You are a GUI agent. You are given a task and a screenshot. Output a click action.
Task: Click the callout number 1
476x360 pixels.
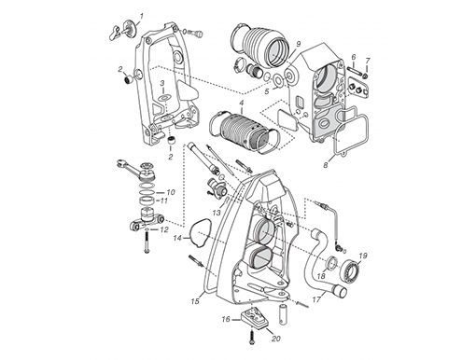click(142, 16)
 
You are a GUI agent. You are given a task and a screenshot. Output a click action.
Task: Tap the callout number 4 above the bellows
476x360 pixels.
click(242, 103)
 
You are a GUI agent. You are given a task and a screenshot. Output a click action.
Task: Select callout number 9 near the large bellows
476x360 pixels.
click(298, 44)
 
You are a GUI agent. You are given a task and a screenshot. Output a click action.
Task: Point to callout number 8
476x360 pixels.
click(326, 165)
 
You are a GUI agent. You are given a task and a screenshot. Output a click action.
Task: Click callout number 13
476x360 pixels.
click(217, 213)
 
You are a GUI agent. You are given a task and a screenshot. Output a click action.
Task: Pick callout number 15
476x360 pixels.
click(195, 301)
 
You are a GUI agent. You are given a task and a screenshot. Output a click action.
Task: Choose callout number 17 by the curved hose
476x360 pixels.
click(316, 299)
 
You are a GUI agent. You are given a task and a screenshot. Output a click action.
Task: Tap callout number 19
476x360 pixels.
click(363, 256)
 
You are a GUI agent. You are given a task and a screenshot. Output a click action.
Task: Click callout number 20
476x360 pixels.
click(275, 339)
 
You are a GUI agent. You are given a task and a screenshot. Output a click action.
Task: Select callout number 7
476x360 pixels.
click(368, 61)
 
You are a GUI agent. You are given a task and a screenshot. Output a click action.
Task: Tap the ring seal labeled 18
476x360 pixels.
click(332, 263)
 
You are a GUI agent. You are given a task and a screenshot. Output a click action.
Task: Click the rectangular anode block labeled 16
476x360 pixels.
click(254, 317)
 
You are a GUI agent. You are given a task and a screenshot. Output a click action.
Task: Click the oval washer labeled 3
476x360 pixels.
click(164, 98)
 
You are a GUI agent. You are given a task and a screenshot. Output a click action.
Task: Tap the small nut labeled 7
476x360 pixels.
click(366, 76)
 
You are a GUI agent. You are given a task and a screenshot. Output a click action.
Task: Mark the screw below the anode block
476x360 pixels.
click(251, 338)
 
